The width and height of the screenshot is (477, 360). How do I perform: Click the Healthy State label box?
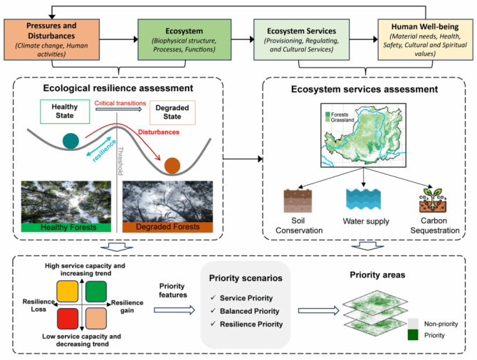63,112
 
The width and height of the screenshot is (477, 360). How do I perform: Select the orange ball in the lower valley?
172,166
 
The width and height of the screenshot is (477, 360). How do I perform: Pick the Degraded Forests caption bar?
167,227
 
